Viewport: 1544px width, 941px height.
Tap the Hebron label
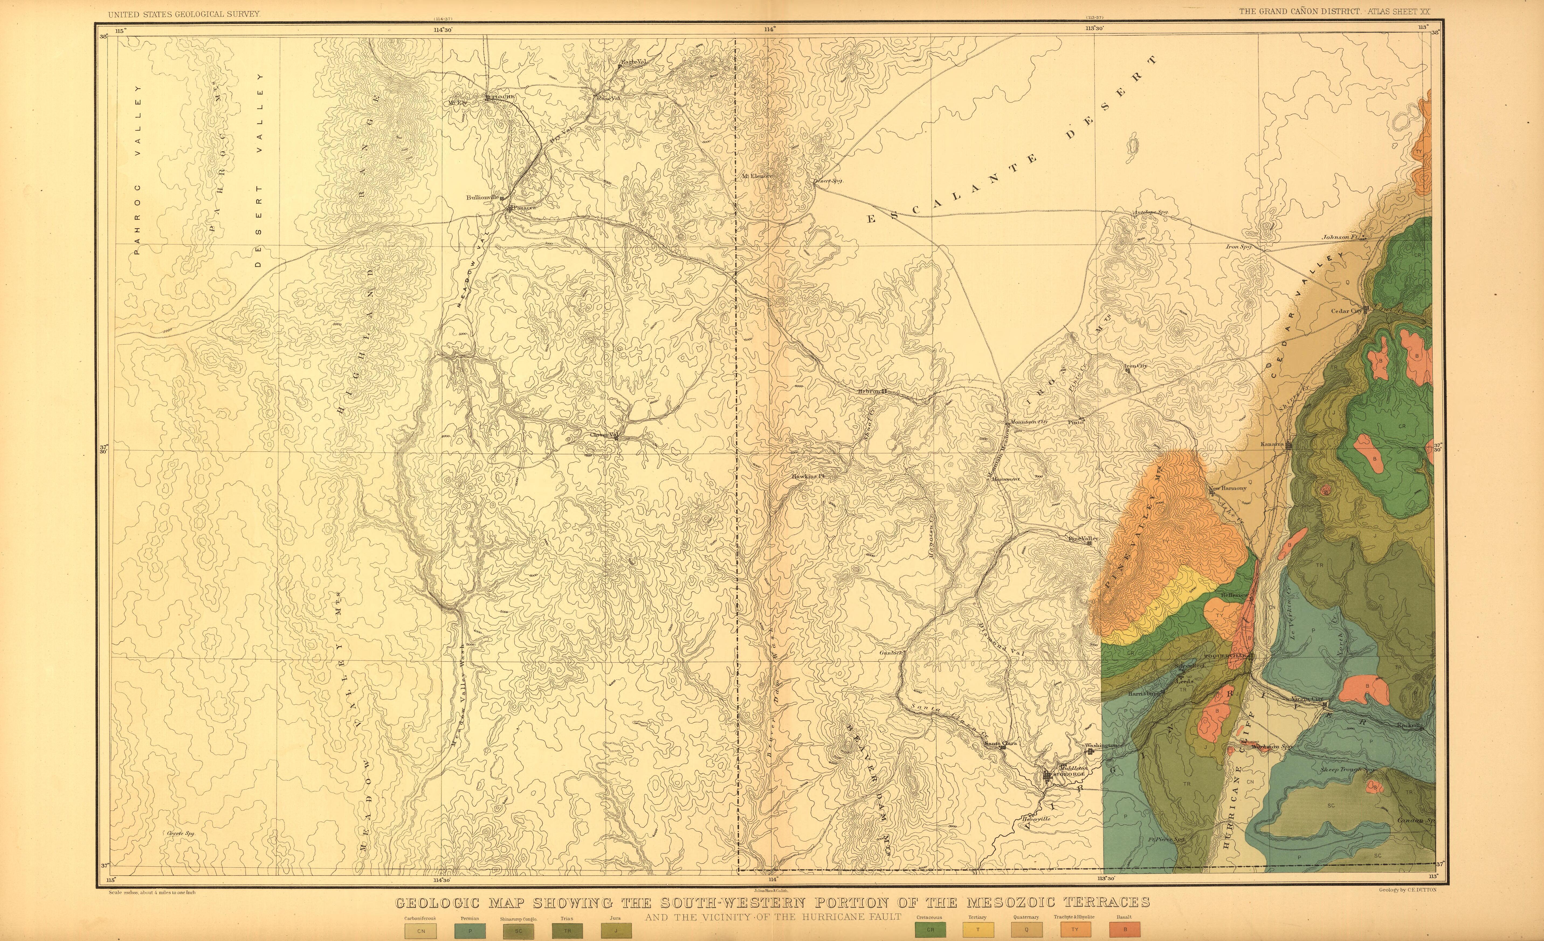pos(869,391)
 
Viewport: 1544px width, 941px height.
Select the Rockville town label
pos(1409,725)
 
